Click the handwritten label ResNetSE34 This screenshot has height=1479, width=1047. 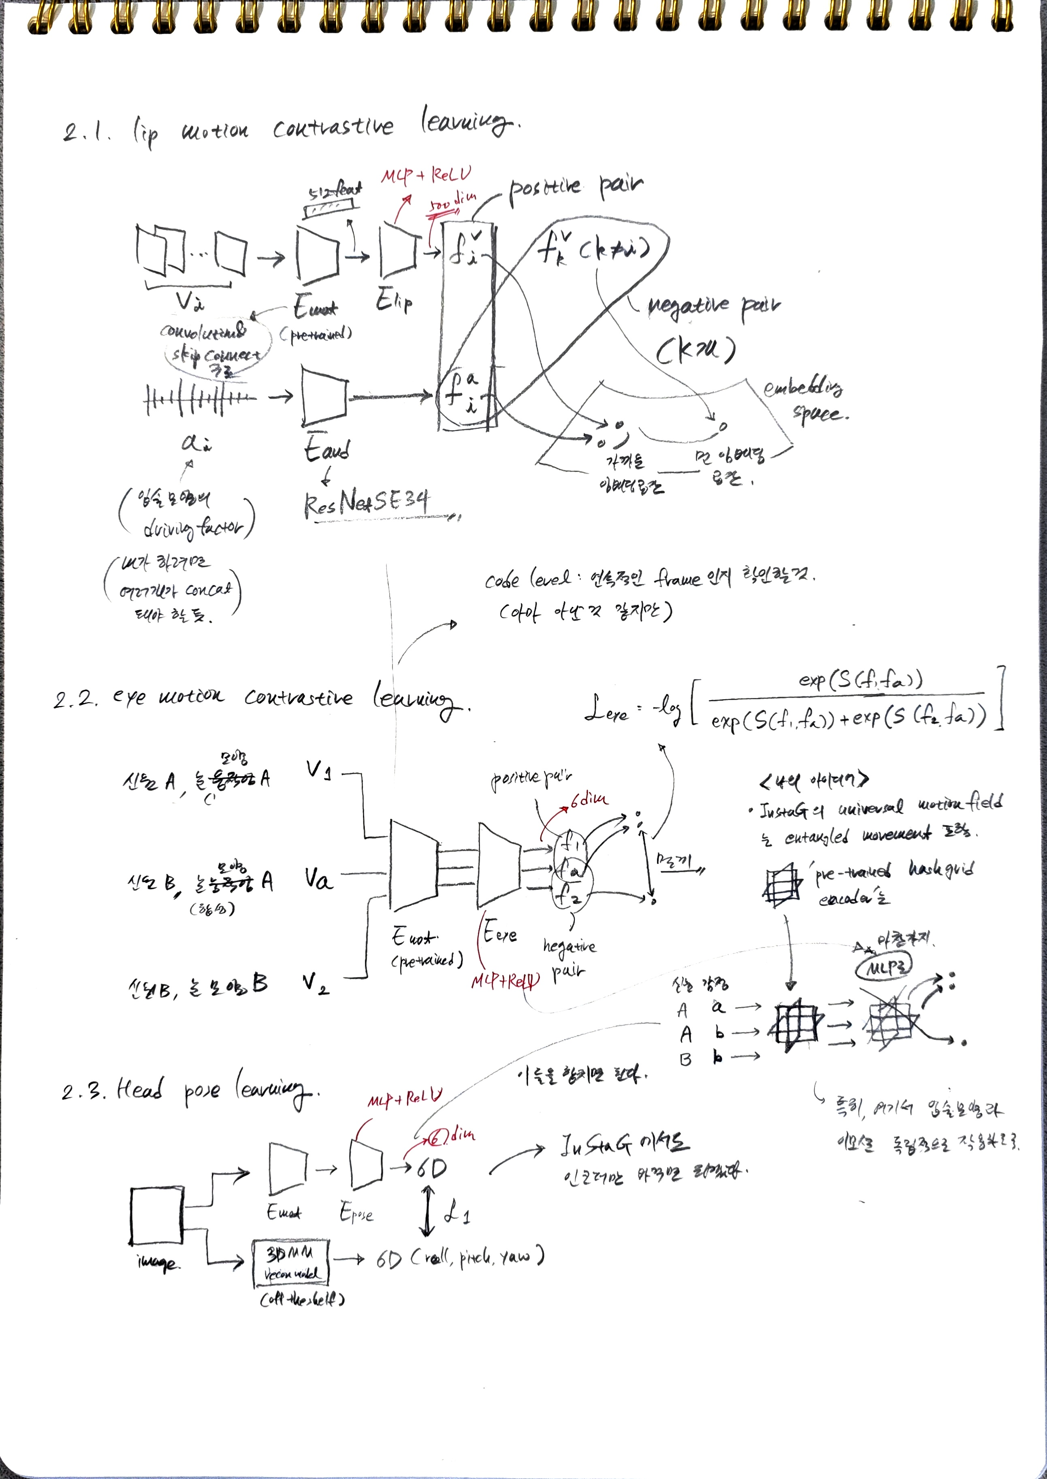366,502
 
